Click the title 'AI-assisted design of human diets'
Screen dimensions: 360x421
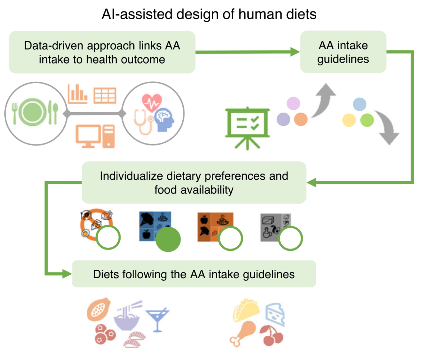[x=209, y=14]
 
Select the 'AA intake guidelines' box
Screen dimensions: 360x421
[x=343, y=52]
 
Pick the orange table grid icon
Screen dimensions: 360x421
[x=104, y=95]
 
